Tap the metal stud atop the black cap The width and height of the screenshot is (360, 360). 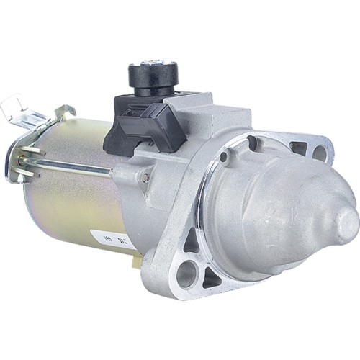pos(153,63)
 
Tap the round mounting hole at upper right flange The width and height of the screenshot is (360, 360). pos(319,152)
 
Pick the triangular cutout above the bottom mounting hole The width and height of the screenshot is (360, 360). pos(192,243)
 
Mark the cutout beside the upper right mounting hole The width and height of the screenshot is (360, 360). pos(299,148)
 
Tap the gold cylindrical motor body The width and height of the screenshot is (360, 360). pos(72,209)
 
